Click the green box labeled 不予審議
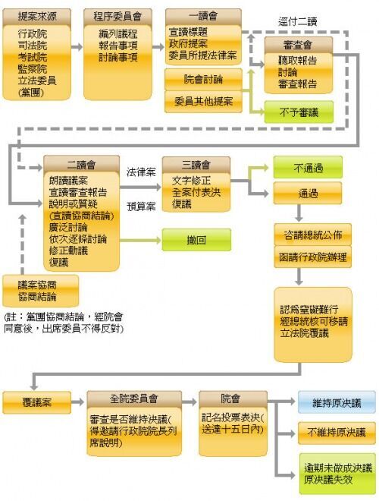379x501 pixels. point(299,112)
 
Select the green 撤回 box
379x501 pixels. point(196,240)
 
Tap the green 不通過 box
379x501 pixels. point(308,167)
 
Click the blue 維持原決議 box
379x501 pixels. point(337,402)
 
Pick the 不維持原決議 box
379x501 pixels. point(337,433)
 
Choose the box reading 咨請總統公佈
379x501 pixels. point(312,235)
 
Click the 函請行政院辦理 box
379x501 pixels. point(312,257)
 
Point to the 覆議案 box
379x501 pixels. point(37,402)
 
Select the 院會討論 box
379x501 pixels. point(203,79)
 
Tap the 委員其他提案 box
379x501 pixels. point(203,102)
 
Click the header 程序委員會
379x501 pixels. point(117,16)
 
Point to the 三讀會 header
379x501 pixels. point(196,165)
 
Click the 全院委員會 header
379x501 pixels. point(134,399)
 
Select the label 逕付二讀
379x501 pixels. point(298,22)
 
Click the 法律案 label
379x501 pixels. point(141,172)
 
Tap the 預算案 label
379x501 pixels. point(141,206)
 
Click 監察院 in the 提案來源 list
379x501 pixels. point(33,68)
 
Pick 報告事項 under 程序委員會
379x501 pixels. point(118,46)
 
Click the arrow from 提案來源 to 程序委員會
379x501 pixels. point(77,47)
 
